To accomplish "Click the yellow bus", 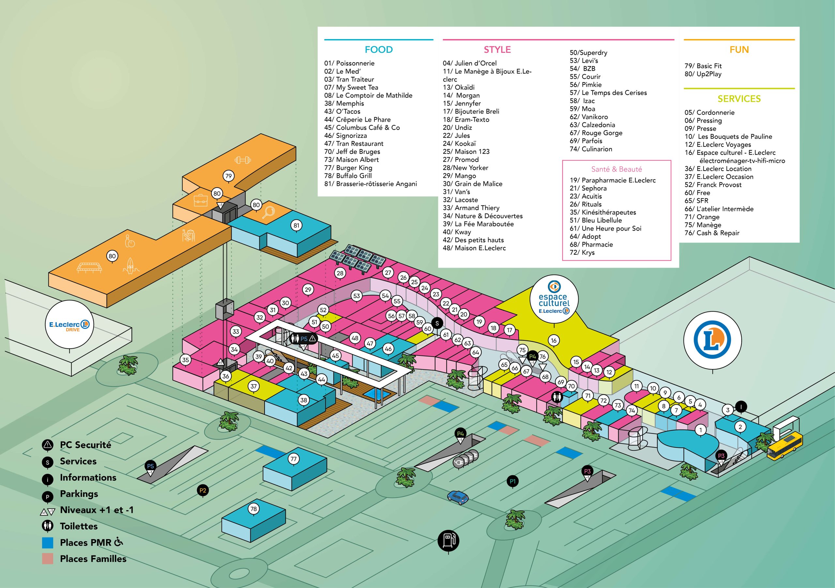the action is pos(785,446).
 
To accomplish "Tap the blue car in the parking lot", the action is pos(458,497).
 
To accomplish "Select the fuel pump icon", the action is pos(448,540).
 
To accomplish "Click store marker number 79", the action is pos(228,176).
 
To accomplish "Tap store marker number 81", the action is pos(296,225).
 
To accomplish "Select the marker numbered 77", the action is pos(294,459).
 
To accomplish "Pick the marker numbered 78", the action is pos(253,509).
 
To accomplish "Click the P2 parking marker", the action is pos(203,490).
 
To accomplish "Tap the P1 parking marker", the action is pos(512,481).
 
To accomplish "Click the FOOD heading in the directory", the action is pos(379,50).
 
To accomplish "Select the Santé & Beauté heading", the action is pos(616,169).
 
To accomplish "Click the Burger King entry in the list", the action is pos(348,168).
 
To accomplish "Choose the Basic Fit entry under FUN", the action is pos(703,66).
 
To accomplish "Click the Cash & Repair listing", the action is pos(712,233).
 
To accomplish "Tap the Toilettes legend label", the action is pos(79,526).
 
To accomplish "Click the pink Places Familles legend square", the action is pos(47,559).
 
